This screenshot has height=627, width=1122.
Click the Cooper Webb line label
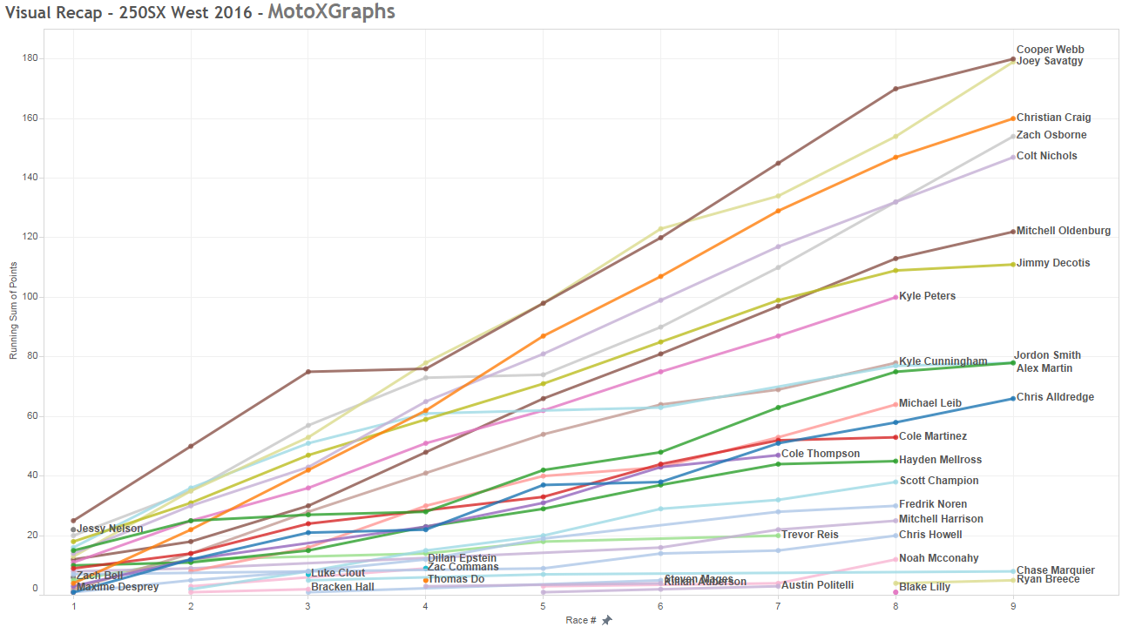point(1050,50)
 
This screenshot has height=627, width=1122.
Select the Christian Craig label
point(1053,118)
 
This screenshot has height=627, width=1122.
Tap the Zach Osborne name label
point(1051,135)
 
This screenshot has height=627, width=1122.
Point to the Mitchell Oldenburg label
point(1063,231)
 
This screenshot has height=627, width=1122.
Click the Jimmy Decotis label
point(1053,263)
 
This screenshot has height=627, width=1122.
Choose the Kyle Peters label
point(927,296)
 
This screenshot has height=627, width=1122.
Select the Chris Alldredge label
point(1055,397)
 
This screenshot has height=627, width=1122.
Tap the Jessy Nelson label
point(110,529)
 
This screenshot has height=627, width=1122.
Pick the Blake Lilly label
point(924,587)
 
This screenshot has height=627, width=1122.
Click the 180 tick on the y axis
point(53,58)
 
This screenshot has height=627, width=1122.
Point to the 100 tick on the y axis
point(53,297)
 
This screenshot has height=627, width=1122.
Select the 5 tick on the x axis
point(543,605)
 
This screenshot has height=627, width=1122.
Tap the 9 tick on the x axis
point(1012,605)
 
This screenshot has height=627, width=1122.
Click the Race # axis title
point(581,620)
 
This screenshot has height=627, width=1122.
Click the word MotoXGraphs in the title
point(331,11)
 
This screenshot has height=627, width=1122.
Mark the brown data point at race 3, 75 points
point(308,372)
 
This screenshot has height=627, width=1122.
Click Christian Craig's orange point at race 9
point(1012,118)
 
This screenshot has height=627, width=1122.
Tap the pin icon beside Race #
point(607,620)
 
